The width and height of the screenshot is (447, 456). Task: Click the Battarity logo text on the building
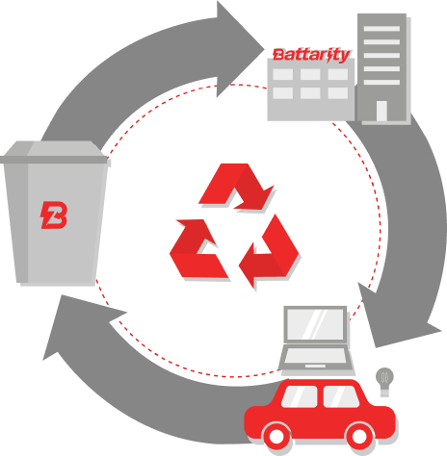311,55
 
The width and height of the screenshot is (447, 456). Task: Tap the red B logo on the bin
54,215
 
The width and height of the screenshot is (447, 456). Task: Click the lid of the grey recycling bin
54,153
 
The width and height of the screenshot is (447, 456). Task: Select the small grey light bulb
384,382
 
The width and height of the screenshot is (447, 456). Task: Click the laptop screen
315,324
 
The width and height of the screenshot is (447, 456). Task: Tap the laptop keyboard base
316,359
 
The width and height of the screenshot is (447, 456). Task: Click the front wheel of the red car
276,436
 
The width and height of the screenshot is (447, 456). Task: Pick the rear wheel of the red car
358,436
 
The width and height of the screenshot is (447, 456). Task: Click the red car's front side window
300,396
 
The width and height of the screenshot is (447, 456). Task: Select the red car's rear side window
340,396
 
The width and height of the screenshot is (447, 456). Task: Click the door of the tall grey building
381,111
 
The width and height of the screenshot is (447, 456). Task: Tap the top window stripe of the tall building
381,29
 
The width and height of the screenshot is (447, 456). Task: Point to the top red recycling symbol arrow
236,186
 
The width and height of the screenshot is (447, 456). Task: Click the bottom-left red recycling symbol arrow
198,248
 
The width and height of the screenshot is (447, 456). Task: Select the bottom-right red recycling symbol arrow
270,252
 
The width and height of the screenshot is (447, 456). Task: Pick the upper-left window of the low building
282,74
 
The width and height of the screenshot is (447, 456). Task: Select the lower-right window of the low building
338,93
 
